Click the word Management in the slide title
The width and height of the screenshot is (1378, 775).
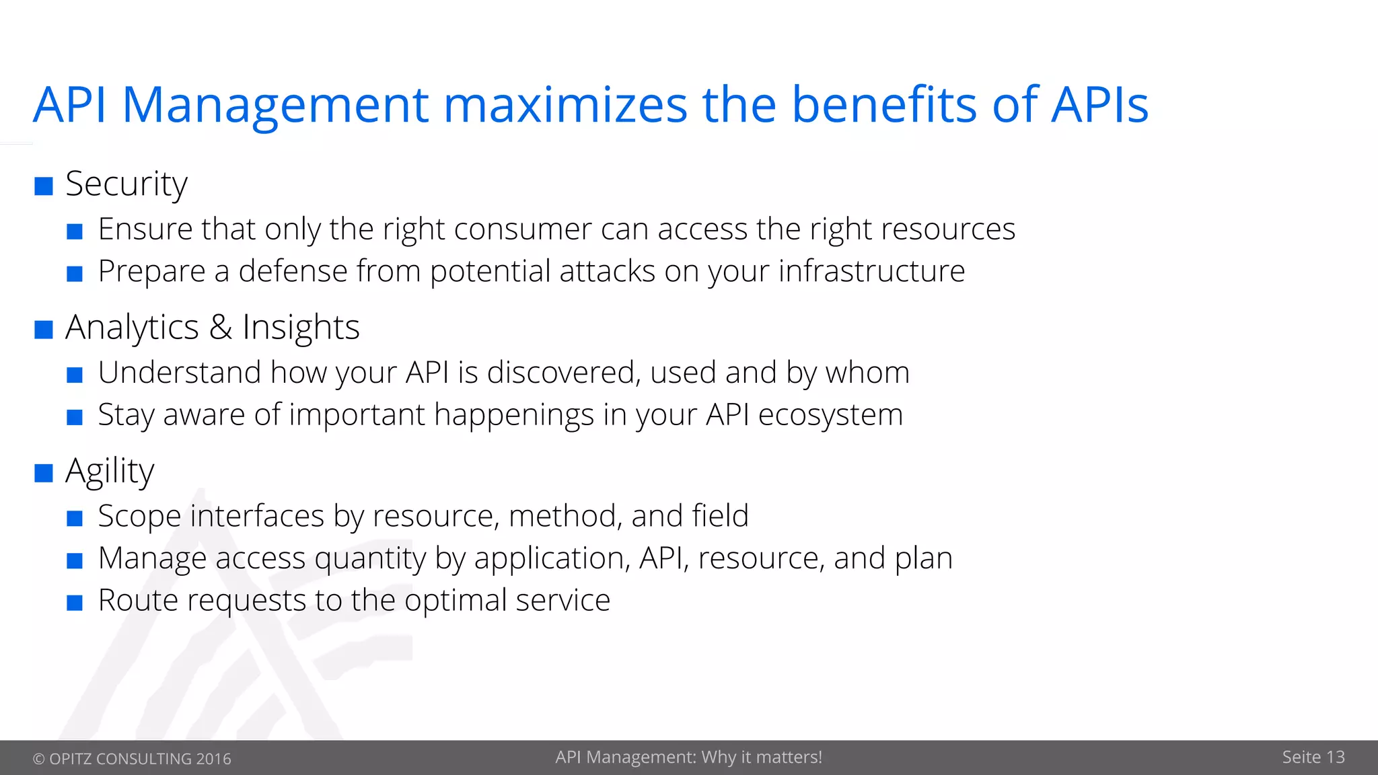(275, 106)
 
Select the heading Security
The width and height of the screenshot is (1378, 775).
(126, 184)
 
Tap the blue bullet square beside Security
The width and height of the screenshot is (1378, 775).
(44, 186)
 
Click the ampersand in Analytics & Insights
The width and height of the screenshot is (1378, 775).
(220, 328)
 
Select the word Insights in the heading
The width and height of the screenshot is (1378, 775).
(301, 328)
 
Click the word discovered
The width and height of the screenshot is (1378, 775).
(563, 373)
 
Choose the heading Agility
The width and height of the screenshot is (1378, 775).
(110, 472)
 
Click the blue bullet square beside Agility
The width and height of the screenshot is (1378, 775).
(44, 474)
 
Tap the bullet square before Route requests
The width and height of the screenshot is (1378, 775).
(75, 603)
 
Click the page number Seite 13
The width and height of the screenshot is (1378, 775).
(1313, 758)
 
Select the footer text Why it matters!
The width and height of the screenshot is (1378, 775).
(762, 758)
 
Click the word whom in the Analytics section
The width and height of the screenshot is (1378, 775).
(867, 373)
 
